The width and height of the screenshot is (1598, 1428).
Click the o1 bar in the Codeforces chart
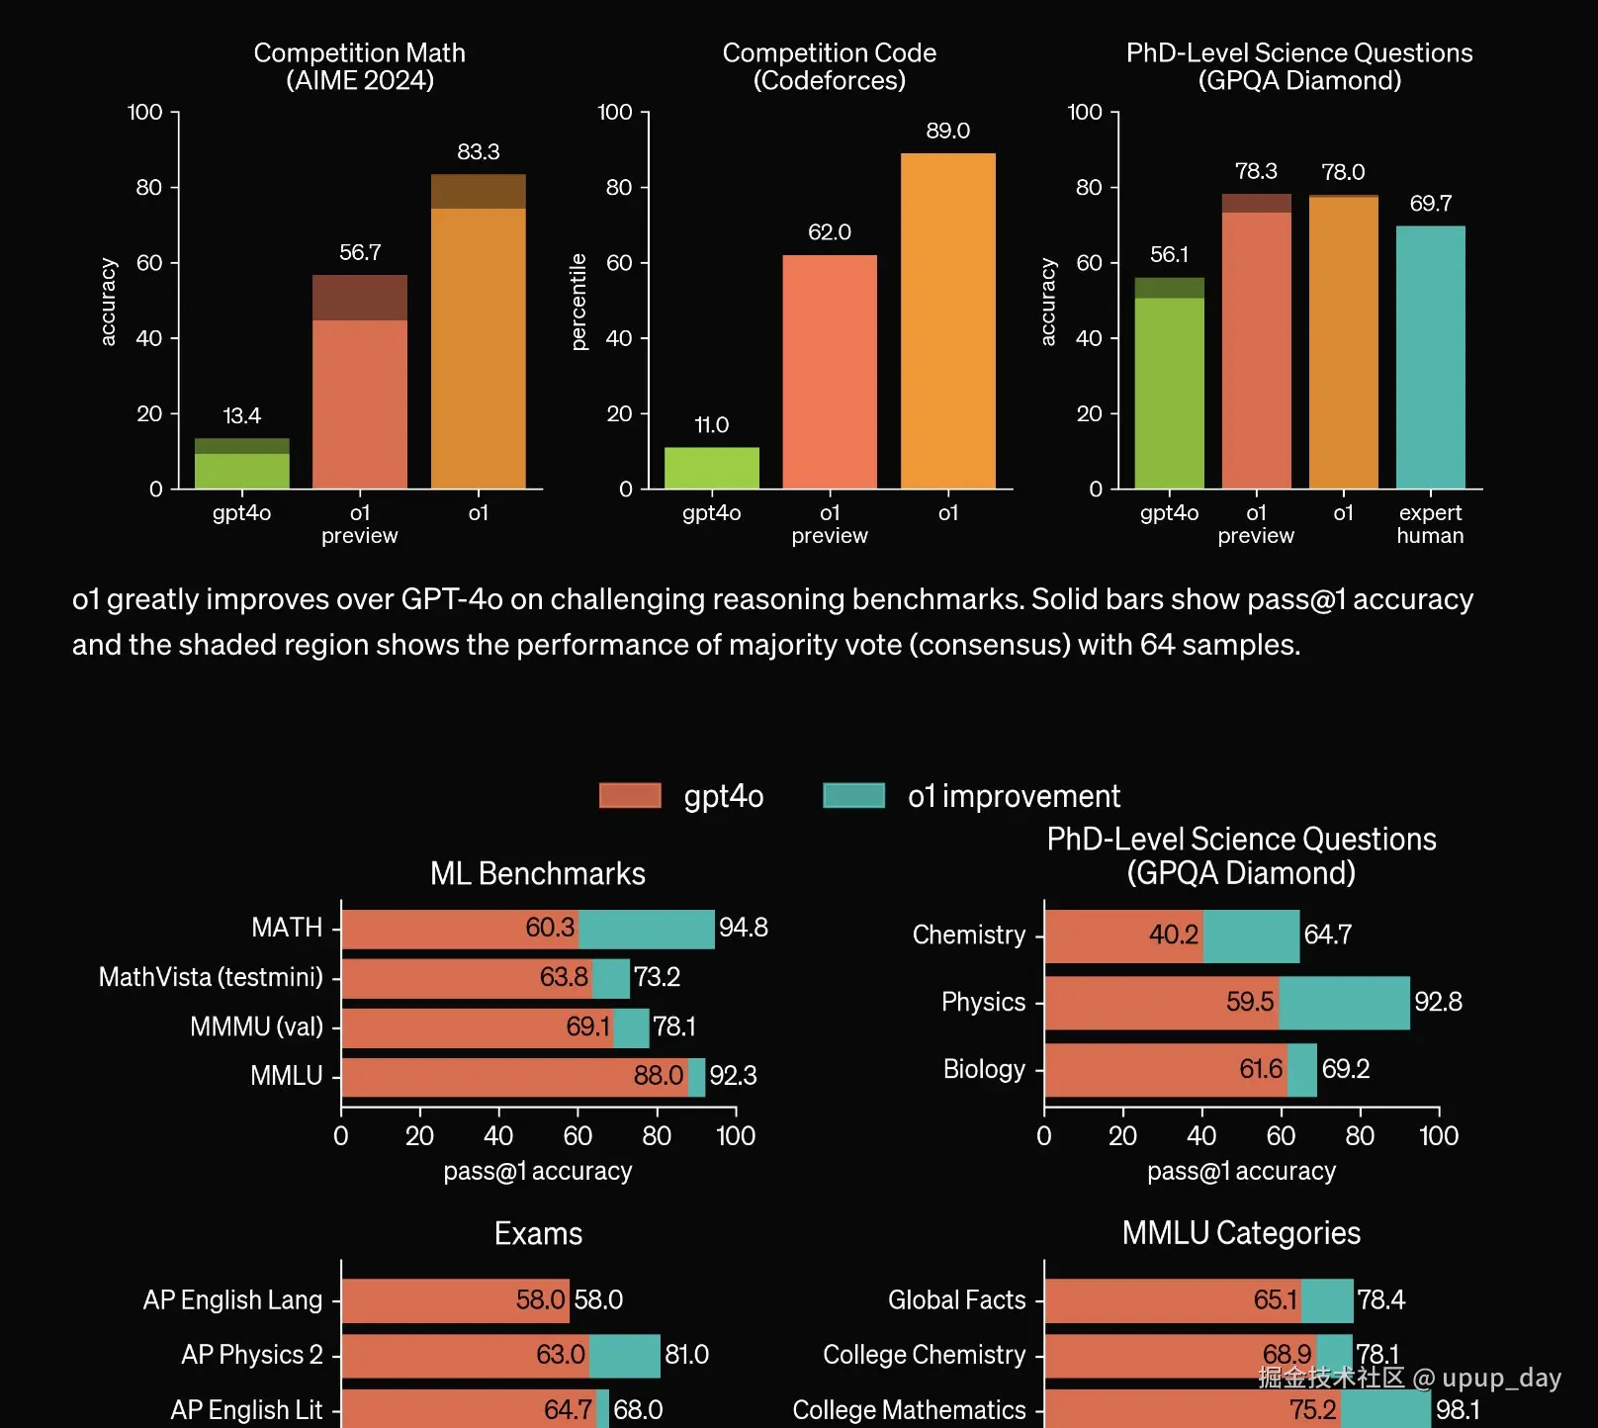947,320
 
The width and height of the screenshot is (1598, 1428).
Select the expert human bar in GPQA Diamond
1430,357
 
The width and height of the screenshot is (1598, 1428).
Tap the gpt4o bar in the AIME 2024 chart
241,464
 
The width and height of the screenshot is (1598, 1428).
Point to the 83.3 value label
478,152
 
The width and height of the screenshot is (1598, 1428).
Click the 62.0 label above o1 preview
829,232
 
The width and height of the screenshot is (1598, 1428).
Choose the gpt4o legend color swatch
630,795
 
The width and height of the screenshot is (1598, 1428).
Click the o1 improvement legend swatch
853,795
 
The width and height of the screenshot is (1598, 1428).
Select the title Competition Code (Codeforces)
829,66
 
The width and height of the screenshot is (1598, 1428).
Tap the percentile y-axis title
579,302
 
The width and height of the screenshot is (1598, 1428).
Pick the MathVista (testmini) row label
211,977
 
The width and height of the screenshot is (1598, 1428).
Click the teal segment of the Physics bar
1344,1003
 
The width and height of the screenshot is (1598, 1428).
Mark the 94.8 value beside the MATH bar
743,928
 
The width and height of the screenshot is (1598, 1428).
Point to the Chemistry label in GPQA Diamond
968,935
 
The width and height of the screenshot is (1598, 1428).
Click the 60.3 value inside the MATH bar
550,928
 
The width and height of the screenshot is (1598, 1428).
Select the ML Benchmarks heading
537,873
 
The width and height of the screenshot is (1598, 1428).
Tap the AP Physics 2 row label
251,1354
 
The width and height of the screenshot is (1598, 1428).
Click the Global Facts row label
956,1299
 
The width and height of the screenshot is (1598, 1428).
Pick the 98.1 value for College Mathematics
1458,1409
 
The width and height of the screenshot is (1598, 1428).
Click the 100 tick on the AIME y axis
145,112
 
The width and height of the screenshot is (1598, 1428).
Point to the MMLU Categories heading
1241,1233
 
